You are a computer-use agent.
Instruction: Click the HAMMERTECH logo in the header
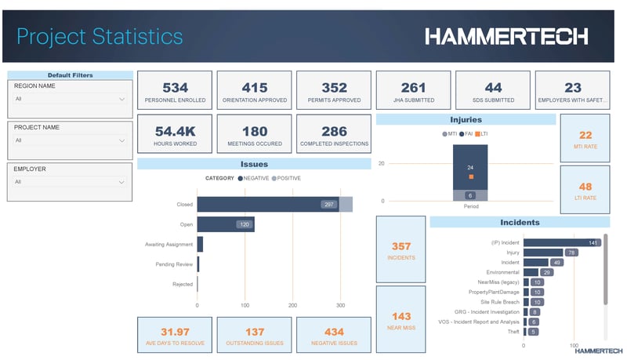pyautogui.click(x=506, y=36)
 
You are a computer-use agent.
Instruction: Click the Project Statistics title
pyautogui.click(x=100, y=36)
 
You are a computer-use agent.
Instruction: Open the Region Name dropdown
pyautogui.click(x=70, y=100)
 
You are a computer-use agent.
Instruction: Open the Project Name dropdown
pyautogui.click(x=70, y=140)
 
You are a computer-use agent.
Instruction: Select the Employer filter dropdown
pyautogui.click(x=70, y=182)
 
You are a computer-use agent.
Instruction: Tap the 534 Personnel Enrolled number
pyautogui.click(x=175, y=88)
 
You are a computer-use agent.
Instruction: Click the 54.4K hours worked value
pyautogui.click(x=175, y=131)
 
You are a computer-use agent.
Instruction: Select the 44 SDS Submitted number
pyautogui.click(x=493, y=88)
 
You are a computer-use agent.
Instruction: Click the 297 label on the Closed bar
pyautogui.click(x=328, y=204)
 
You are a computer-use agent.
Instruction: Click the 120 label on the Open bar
pyautogui.click(x=245, y=224)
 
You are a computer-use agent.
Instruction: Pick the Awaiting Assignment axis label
pyautogui.click(x=169, y=245)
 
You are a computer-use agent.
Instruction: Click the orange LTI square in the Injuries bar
pyautogui.click(x=471, y=177)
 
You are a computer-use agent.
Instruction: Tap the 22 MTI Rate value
pyautogui.click(x=585, y=136)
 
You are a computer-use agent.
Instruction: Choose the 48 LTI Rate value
pyautogui.click(x=585, y=187)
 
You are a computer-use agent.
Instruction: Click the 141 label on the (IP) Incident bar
pyautogui.click(x=593, y=243)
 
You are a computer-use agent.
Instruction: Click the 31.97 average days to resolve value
pyautogui.click(x=175, y=332)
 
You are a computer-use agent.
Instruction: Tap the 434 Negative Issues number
pyautogui.click(x=333, y=332)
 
